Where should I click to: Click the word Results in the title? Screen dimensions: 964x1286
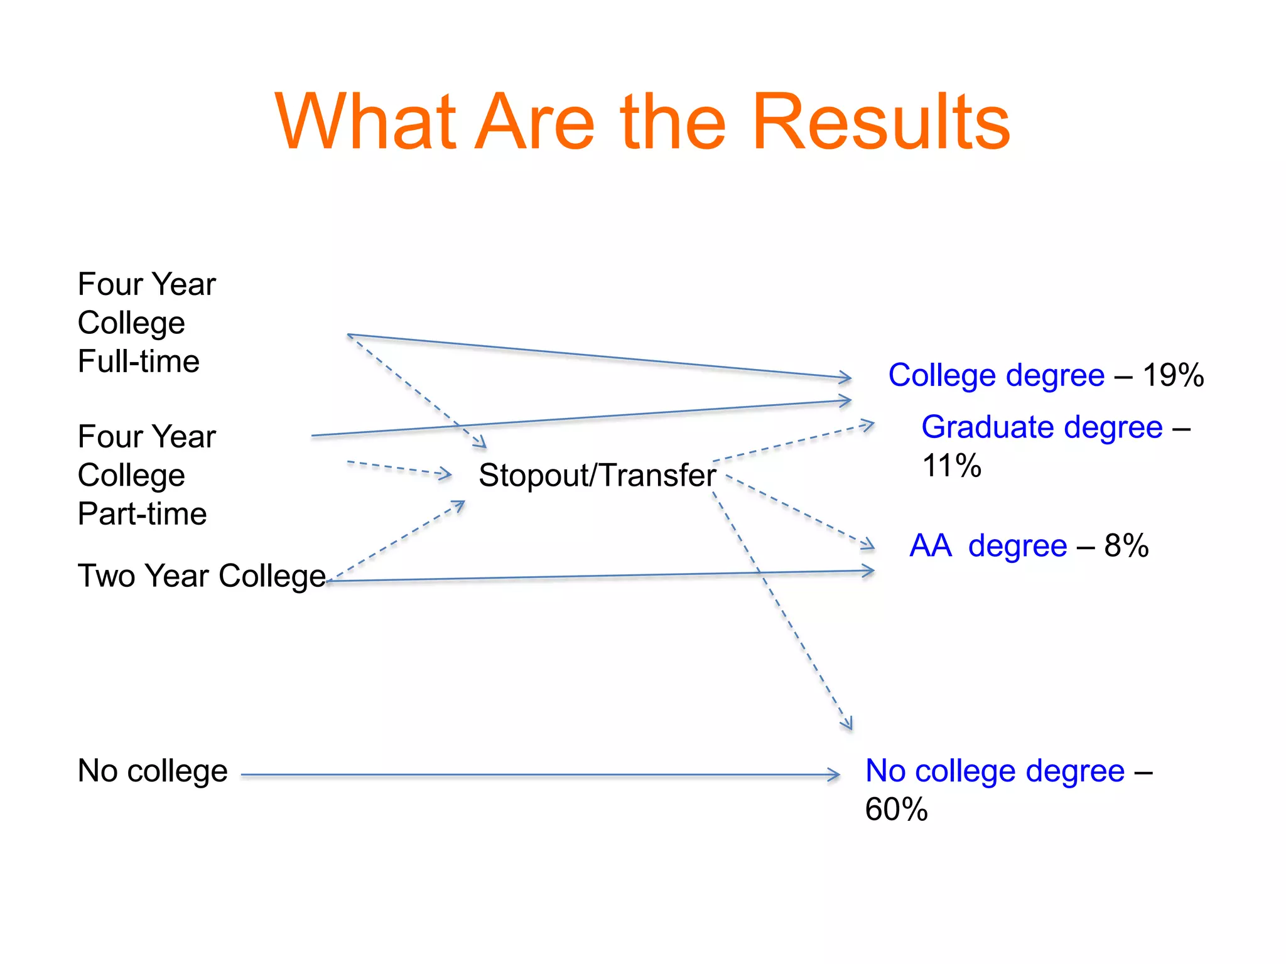[x=880, y=122]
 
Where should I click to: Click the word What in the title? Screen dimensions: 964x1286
[x=365, y=122]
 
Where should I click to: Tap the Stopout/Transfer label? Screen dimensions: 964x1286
[x=597, y=475]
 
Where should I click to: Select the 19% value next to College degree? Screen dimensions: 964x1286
[x=1173, y=375]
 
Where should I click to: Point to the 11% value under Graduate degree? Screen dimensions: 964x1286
[x=951, y=466]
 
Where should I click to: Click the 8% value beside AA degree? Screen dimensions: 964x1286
[x=1127, y=545]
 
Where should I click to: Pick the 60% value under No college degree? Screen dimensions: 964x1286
[x=896, y=809]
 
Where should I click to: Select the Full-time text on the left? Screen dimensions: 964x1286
[x=139, y=361]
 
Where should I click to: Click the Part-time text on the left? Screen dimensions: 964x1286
[x=142, y=514]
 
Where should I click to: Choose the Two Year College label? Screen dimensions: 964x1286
[x=201, y=576]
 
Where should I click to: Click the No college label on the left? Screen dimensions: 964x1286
[x=153, y=771]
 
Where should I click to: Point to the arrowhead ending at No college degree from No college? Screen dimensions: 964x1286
[x=835, y=775]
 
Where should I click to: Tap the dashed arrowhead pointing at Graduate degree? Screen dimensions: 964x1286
[x=868, y=425]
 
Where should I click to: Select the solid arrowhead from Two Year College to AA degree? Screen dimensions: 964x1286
[x=869, y=571]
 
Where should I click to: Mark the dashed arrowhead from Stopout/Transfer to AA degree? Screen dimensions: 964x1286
[x=868, y=544]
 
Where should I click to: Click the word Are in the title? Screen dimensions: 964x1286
[x=534, y=122]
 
